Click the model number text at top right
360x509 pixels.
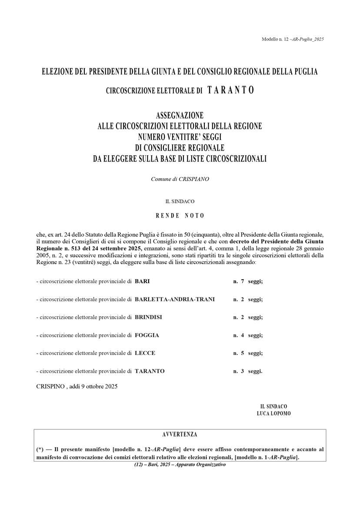[x=293, y=39]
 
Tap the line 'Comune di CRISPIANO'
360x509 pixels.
[x=180, y=179]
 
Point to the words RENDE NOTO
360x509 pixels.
[x=180, y=215]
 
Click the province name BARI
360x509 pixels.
[x=142, y=281]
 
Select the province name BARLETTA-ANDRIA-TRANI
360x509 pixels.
[x=175, y=299]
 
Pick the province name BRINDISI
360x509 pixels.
[x=148, y=317]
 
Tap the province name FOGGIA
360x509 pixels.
[x=147, y=335]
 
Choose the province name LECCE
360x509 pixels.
[x=145, y=353]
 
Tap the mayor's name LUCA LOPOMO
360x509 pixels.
[x=273, y=414]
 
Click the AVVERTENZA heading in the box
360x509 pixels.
[x=180, y=435]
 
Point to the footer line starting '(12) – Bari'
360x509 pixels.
[x=180, y=465]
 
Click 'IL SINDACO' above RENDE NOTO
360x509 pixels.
[x=180, y=201]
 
